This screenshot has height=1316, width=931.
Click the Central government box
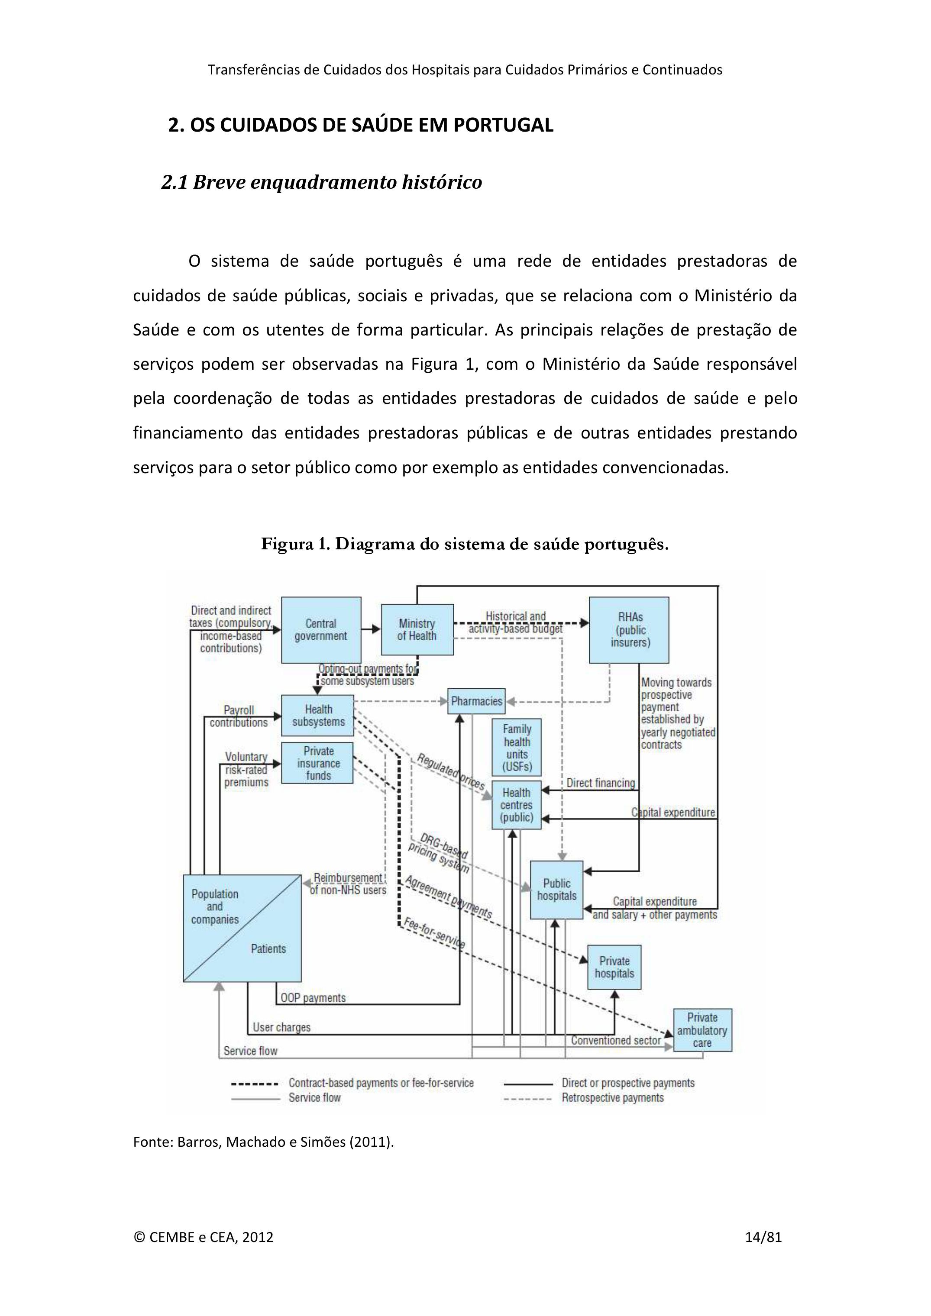click(x=320, y=630)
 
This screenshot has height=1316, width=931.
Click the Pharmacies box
click(x=476, y=701)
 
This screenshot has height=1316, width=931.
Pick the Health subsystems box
click(x=317, y=715)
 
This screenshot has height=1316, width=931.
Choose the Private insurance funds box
click(x=317, y=763)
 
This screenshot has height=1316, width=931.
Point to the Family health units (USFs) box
click(x=517, y=748)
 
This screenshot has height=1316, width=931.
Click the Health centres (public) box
click(x=516, y=805)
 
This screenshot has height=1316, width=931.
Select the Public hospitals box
click(x=556, y=890)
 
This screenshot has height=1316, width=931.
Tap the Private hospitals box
click(x=614, y=967)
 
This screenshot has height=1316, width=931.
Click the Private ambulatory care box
click(x=702, y=1030)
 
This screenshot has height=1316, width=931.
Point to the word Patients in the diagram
click(x=268, y=948)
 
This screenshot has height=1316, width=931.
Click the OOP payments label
click(x=313, y=998)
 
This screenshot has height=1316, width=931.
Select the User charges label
click(x=281, y=1027)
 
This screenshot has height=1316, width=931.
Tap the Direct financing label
click(x=600, y=783)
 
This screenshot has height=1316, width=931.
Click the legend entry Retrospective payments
click(x=612, y=1098)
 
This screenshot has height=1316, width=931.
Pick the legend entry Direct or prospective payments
click(x=628, y=1083)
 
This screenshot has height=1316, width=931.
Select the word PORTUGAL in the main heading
click(x=503, y=125)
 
